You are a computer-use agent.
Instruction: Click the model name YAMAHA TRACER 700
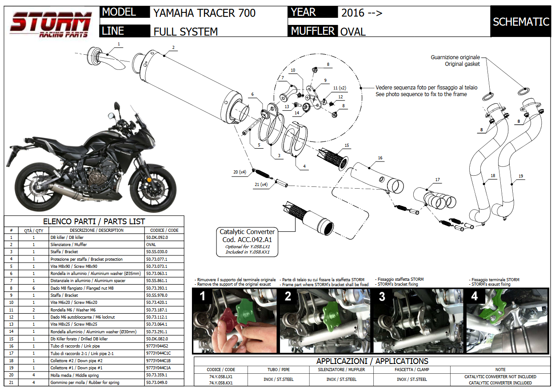204,13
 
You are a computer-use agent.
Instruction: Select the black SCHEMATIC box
521,22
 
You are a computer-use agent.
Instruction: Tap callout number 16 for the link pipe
380,158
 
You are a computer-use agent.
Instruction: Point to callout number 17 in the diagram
438,180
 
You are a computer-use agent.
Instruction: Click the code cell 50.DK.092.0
157,238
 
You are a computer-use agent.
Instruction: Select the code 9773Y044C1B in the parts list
159,361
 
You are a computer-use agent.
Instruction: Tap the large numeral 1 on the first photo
203,295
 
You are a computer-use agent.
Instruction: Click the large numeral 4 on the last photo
474,295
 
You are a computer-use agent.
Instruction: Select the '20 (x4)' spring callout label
240,172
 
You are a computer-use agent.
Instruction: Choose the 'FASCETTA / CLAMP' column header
411,370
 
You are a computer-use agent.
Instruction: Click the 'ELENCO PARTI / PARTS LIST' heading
94,222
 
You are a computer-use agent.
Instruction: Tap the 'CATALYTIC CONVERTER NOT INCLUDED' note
500,376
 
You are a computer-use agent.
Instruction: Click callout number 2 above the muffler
173,48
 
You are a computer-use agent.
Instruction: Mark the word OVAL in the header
353,32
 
